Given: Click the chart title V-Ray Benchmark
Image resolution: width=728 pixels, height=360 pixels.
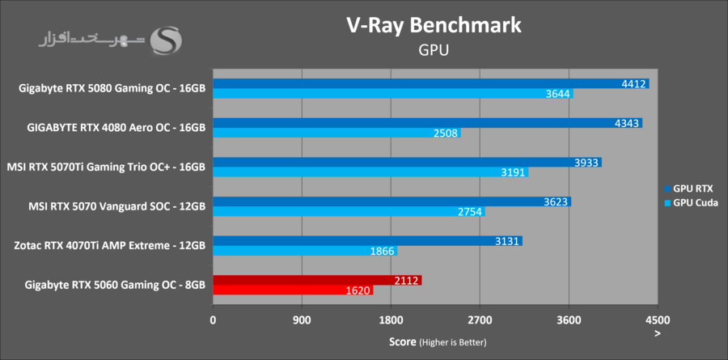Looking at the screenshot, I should click(434, 25).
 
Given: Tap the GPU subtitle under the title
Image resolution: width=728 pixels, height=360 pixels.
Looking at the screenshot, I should click(434, 50).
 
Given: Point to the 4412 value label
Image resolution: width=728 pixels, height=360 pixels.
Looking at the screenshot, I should click(633, 83).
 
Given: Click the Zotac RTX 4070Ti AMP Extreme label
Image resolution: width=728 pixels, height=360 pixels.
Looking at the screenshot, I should click(110, 245).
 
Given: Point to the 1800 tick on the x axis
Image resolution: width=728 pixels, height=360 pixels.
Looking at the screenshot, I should click(391, 320).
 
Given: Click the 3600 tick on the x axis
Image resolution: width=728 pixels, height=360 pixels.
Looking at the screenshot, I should click(569, 320).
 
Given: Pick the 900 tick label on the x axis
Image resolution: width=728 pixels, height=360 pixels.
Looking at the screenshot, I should click(302, 320).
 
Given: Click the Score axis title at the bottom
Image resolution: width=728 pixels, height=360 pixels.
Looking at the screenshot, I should click(438, 342).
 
